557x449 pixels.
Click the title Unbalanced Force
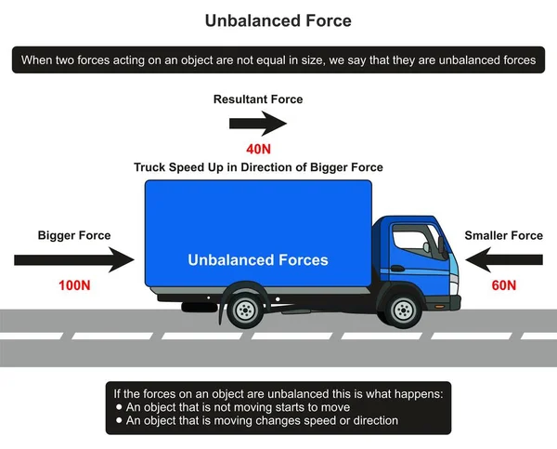click(x=278, y=20)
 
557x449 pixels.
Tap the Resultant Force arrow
click(x=258, y=124)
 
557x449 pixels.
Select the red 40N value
click(x=259, y=149)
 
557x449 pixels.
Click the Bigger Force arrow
click(x=74, y=260)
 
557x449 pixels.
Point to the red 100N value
click(x=74, y=285)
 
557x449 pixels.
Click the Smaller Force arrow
click(x=504, y=260)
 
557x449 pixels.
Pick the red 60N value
click(x=504, y=285)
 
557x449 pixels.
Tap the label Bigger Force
click(x=74, y=235)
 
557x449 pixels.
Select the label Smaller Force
click(x=504, y=235)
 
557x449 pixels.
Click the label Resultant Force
click(x=258, y=99)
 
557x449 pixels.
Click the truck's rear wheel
click(x=245, y=310)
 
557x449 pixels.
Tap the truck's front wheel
click(x=403, y=310)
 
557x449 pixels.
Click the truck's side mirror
click(x=442, y=246)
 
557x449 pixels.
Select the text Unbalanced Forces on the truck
click(x=258, y=260)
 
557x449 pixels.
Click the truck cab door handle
click(x=397, y=269)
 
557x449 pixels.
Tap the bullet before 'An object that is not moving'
click(x=119, y=406)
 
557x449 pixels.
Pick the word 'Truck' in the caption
click(x=149, y=167)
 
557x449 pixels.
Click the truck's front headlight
click(x=454, y=284)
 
